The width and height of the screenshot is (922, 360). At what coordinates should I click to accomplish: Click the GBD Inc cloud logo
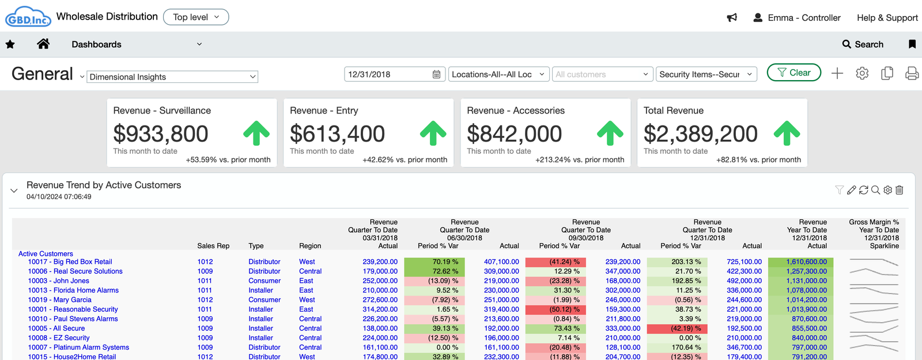[x=28, y=17]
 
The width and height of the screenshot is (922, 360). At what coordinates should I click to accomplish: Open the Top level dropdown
[x=196, y=17]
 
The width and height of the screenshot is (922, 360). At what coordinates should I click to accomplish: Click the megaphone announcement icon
[x=732, y=18]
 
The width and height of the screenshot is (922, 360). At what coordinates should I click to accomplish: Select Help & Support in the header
[x=887, y=18]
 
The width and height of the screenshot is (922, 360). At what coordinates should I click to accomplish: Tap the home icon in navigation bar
[x=43, y=44]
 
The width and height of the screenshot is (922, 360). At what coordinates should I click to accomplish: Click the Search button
[x=863, y=44]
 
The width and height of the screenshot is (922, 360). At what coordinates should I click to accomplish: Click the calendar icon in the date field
[x=436, y=74]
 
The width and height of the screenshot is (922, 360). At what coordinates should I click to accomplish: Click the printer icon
[x=912, y=73]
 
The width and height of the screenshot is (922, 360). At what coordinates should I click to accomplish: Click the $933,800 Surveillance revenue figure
[x=161, y=134]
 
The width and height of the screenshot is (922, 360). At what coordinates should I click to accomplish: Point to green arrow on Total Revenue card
[x=787, y=133]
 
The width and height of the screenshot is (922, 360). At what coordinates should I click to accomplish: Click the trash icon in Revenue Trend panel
[x=900, y=190]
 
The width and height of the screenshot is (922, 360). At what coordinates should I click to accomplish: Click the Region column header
[x=310, y=246]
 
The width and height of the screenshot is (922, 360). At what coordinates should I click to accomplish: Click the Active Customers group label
[x=46, y=253]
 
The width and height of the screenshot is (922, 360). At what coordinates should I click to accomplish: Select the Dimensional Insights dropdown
[x=172, y=77]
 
